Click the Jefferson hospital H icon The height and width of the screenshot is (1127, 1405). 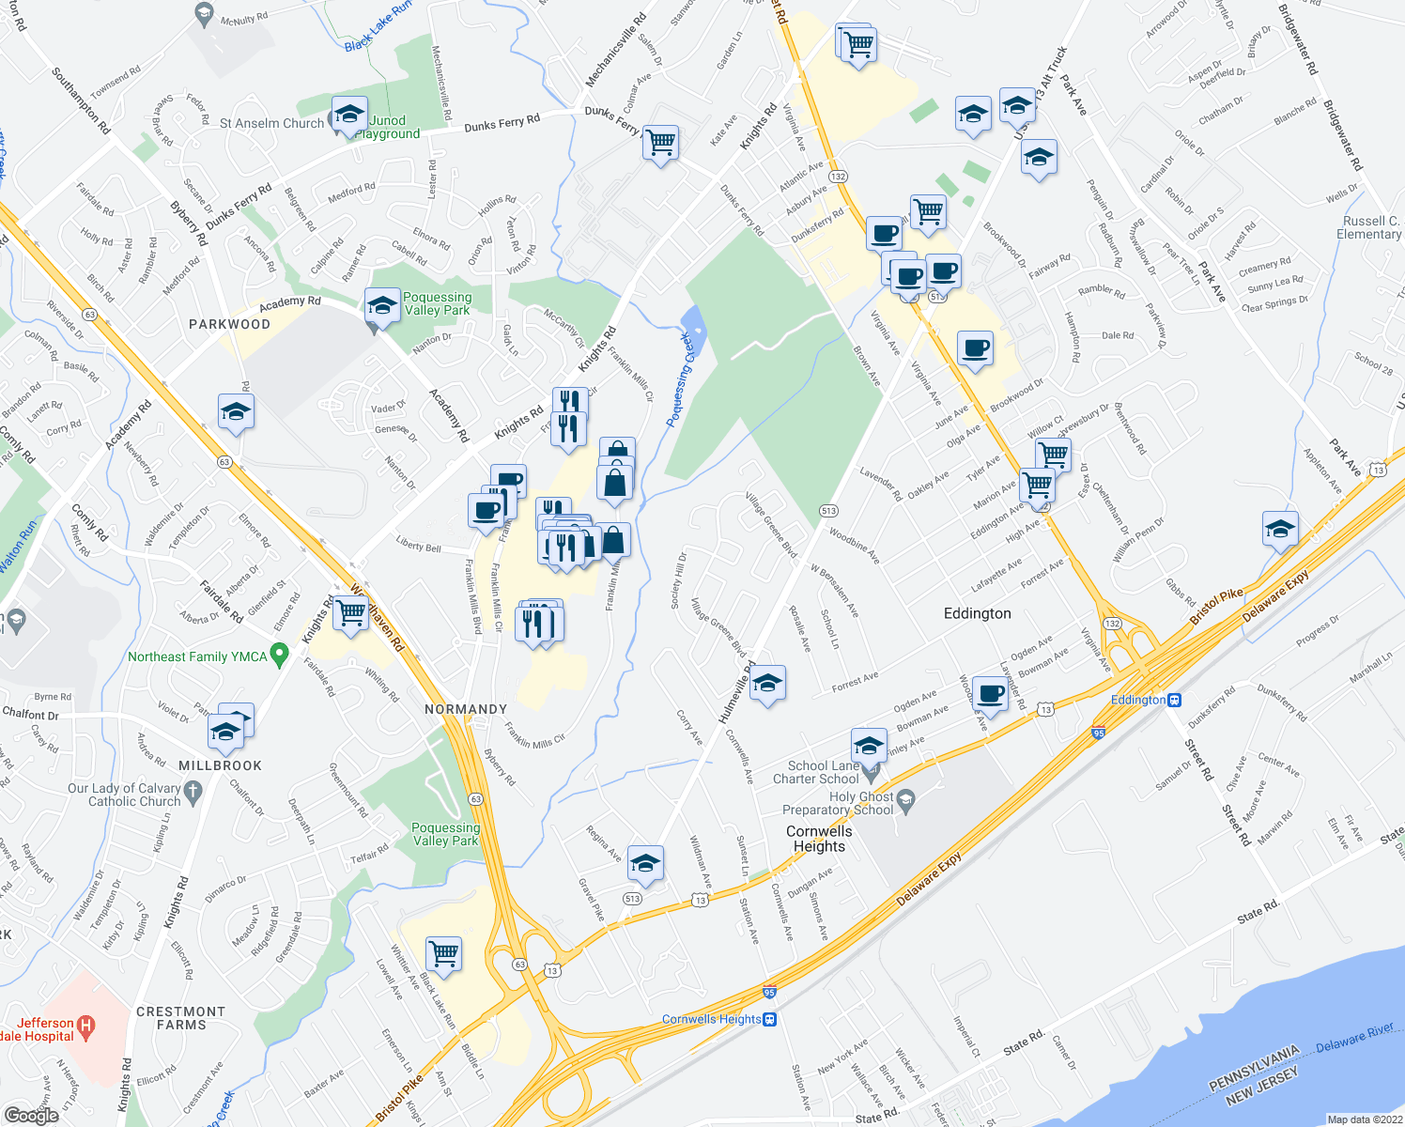(x=85, y=1027)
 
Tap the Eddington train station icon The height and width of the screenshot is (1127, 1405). (x=1174, y=700)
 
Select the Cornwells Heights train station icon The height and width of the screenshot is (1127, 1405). (x=770, y=1019)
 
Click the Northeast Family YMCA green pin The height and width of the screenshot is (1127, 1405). (x=279, y=655)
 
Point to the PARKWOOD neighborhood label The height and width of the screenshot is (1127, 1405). (x=229, y=324)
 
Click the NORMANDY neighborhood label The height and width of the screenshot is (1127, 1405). (x=466, y=709)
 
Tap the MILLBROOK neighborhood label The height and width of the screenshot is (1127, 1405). (x=220, y=765)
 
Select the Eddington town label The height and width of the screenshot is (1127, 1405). (x=977, y=613)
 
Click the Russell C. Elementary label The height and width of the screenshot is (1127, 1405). (x=1369, y=227)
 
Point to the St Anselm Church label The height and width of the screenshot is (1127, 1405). (x=271, y=123)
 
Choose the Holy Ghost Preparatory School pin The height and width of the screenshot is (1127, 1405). (x=905, y=801)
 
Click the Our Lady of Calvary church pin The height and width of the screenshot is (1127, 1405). (x=193, y=792)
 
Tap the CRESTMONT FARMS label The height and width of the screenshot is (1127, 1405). (x=181, y=1018)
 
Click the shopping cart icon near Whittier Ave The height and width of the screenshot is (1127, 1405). (x=443, y=952)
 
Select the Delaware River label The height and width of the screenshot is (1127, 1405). (x=1354, y=1037)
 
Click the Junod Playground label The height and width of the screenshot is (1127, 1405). (x=388, y=127)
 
